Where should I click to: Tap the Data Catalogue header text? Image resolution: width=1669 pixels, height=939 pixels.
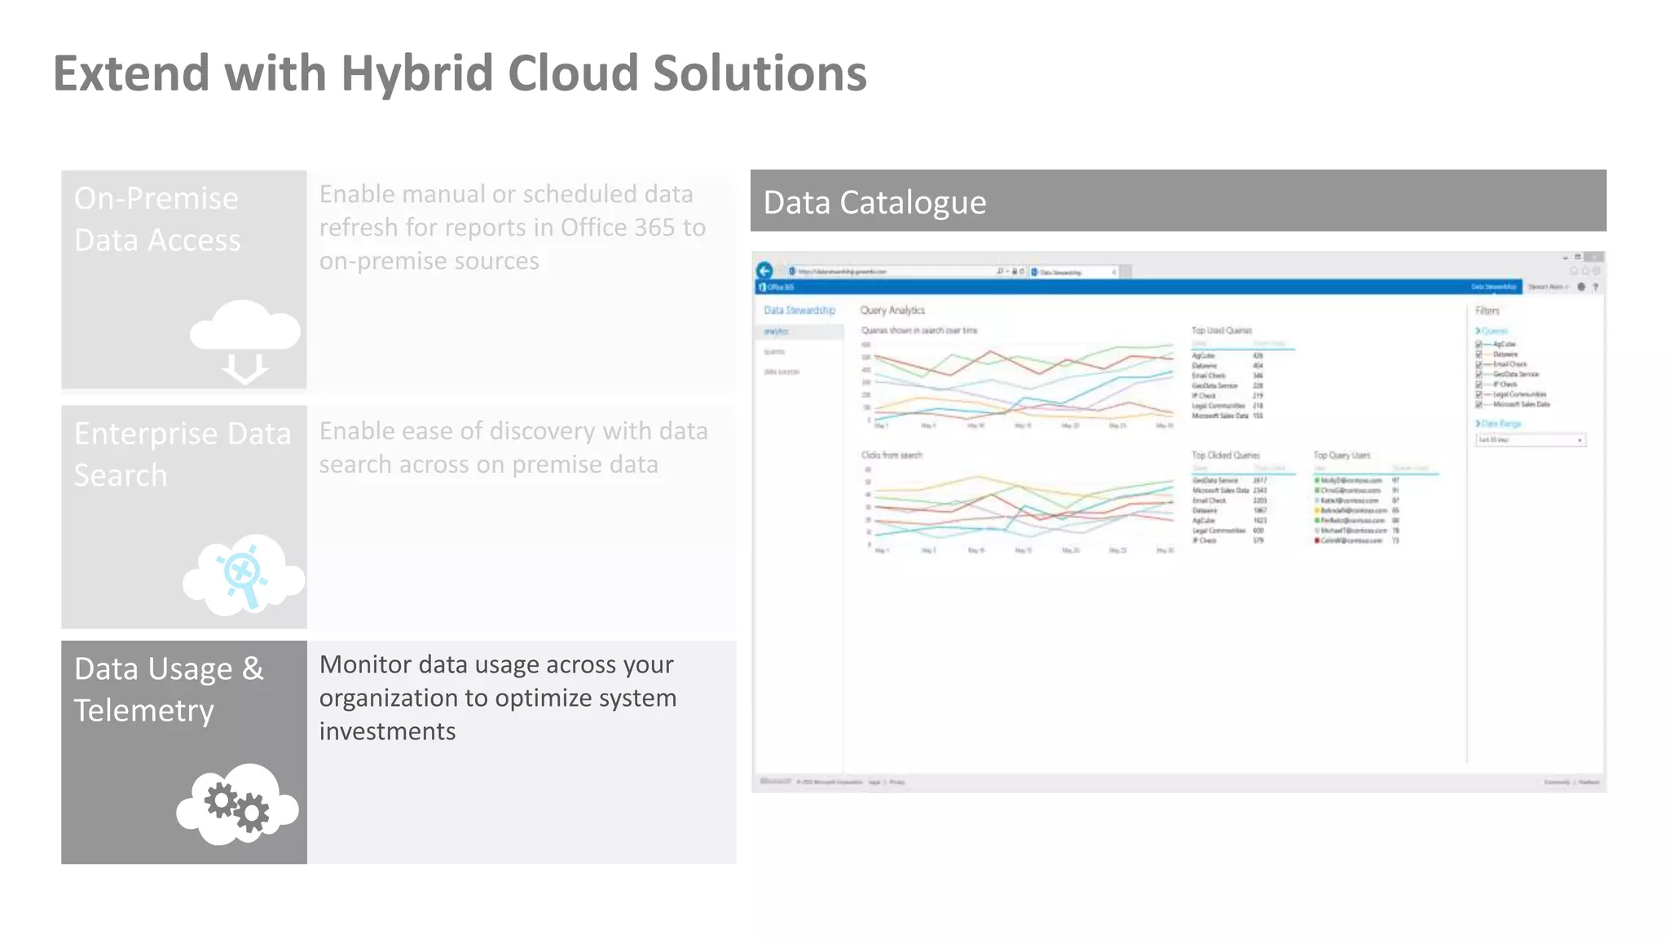(874, 202)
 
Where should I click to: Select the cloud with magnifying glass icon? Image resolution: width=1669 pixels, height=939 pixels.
(244, 575)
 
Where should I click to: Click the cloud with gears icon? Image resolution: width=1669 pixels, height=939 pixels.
(237, 805)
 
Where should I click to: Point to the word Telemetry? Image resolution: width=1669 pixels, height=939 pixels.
(144, 711)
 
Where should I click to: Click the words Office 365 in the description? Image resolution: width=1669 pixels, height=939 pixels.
(619, 227)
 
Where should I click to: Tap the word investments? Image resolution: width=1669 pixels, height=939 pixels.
(387, 731)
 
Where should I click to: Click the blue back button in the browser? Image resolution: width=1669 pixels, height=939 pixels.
(764, 271)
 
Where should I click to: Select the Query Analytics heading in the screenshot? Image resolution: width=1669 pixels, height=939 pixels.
(892, 311)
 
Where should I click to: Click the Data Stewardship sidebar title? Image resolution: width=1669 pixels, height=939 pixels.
(799, 311)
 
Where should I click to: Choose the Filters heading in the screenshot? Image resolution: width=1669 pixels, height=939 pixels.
(1486, 311)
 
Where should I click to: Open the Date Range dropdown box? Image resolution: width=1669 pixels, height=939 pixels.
(1530, 440)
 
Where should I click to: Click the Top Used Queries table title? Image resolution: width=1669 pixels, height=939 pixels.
(1221, 331)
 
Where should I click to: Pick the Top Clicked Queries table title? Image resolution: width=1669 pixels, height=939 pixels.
(1225, 456)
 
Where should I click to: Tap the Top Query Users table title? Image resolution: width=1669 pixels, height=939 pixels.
(1341, 456)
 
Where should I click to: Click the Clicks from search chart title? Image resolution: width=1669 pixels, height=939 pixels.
(892, 456)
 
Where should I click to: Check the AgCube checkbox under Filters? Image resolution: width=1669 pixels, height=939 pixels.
(1478, 345)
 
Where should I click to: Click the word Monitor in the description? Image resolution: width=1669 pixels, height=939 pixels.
(364, 664)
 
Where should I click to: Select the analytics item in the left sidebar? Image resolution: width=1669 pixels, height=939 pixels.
(776, 332)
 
